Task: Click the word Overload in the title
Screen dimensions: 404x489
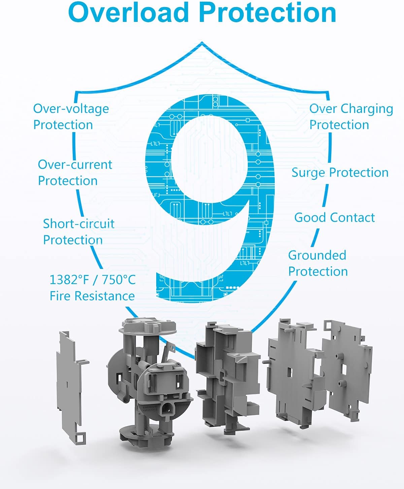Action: click(x=128, y=12)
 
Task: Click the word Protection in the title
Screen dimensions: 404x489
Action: click(x=268, y=12)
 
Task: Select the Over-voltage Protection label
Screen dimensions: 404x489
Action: click(x=71, y=117)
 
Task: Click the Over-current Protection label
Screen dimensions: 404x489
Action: click(x=75, y=173)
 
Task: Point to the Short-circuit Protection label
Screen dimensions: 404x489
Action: click(x=78, y=232)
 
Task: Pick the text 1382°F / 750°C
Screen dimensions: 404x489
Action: click(x=93, y=280)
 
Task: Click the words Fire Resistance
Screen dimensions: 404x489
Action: click(x=92, y=296)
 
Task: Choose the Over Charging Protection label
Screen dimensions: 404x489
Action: click(x=351, y=117)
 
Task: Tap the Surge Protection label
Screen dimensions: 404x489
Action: click(x=340, y=173)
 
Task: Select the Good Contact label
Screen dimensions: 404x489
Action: click(x=335, y=218)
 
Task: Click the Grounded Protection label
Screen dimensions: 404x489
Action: click(x=318, y=263)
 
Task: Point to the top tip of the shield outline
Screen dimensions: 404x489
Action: click(x=202, y=42)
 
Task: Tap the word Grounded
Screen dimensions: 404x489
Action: click(x=317, y=255)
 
